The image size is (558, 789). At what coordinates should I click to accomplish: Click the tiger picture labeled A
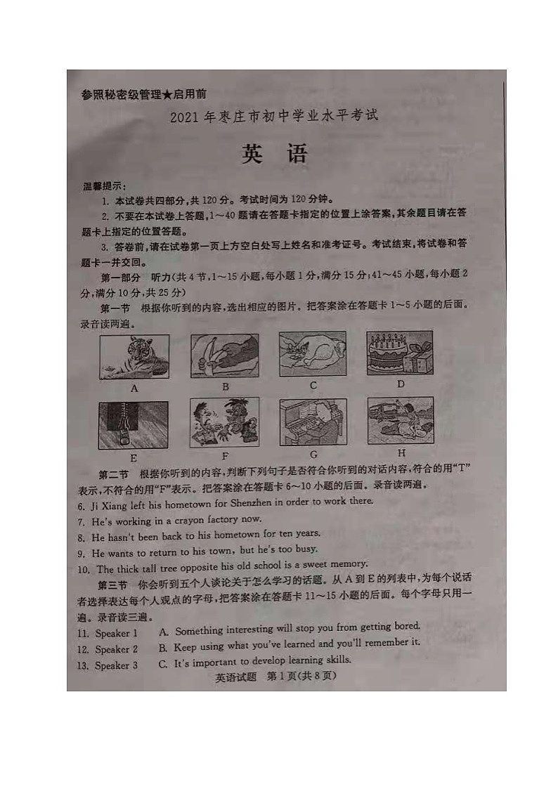134,356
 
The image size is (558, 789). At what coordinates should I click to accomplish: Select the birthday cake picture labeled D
400,353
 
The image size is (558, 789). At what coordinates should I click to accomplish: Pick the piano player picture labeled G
313,422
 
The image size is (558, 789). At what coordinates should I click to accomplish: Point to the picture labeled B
225,356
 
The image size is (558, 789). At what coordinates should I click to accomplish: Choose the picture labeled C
313,354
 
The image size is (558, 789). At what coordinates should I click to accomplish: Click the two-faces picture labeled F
224,422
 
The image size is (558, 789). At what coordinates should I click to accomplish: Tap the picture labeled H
401,420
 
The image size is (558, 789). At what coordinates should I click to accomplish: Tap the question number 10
84,569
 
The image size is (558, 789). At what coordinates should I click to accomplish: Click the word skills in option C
335,660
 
